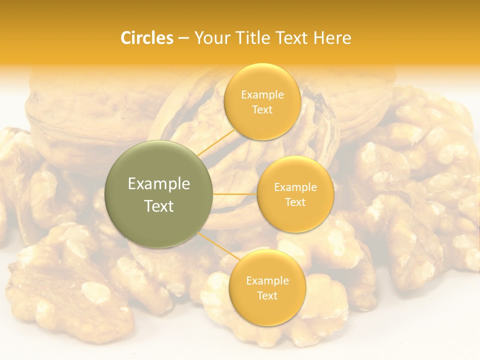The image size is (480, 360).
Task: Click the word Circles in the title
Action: coord(146,38)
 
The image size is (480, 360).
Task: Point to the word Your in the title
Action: coord(211,38)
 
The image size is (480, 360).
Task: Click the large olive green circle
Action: coord(159,194)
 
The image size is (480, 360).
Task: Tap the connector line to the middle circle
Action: coord(234,194)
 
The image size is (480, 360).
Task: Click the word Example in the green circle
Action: coord(159,184)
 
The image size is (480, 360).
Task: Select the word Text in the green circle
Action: coord(159,206)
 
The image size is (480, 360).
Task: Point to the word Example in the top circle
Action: coord(262,94)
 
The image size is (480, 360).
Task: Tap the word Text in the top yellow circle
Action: coord(262,109)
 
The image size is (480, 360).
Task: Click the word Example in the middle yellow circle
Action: coord(295,187)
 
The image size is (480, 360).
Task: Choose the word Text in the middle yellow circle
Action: coord(295,202)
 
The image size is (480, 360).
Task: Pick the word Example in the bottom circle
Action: coord(267,281)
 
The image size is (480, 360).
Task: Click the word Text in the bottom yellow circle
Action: coord(267,295)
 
